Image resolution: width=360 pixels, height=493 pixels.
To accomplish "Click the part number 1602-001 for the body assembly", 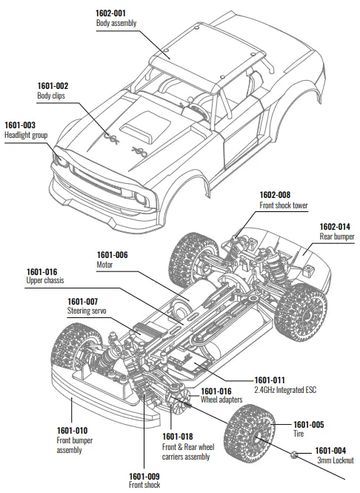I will [112, 13].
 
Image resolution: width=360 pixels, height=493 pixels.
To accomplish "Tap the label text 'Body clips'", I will [52, 96].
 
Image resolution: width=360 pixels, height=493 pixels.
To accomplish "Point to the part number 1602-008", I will [274, 195].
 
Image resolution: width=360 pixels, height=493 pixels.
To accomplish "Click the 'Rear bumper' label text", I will [336, 236].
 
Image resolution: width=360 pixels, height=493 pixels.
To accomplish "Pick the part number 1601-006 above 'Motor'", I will [113, 254].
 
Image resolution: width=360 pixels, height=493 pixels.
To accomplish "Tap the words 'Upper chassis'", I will [47, 282].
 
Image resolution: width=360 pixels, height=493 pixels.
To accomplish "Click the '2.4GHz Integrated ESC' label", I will [285, 388].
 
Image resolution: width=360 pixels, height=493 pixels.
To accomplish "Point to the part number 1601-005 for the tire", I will [290, 424].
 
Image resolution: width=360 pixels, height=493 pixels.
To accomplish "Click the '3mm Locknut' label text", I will [334, 460].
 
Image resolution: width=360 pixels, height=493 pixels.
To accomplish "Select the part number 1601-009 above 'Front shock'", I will [144, 475].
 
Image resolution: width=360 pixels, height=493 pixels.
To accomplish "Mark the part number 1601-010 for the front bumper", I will [72, 430].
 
